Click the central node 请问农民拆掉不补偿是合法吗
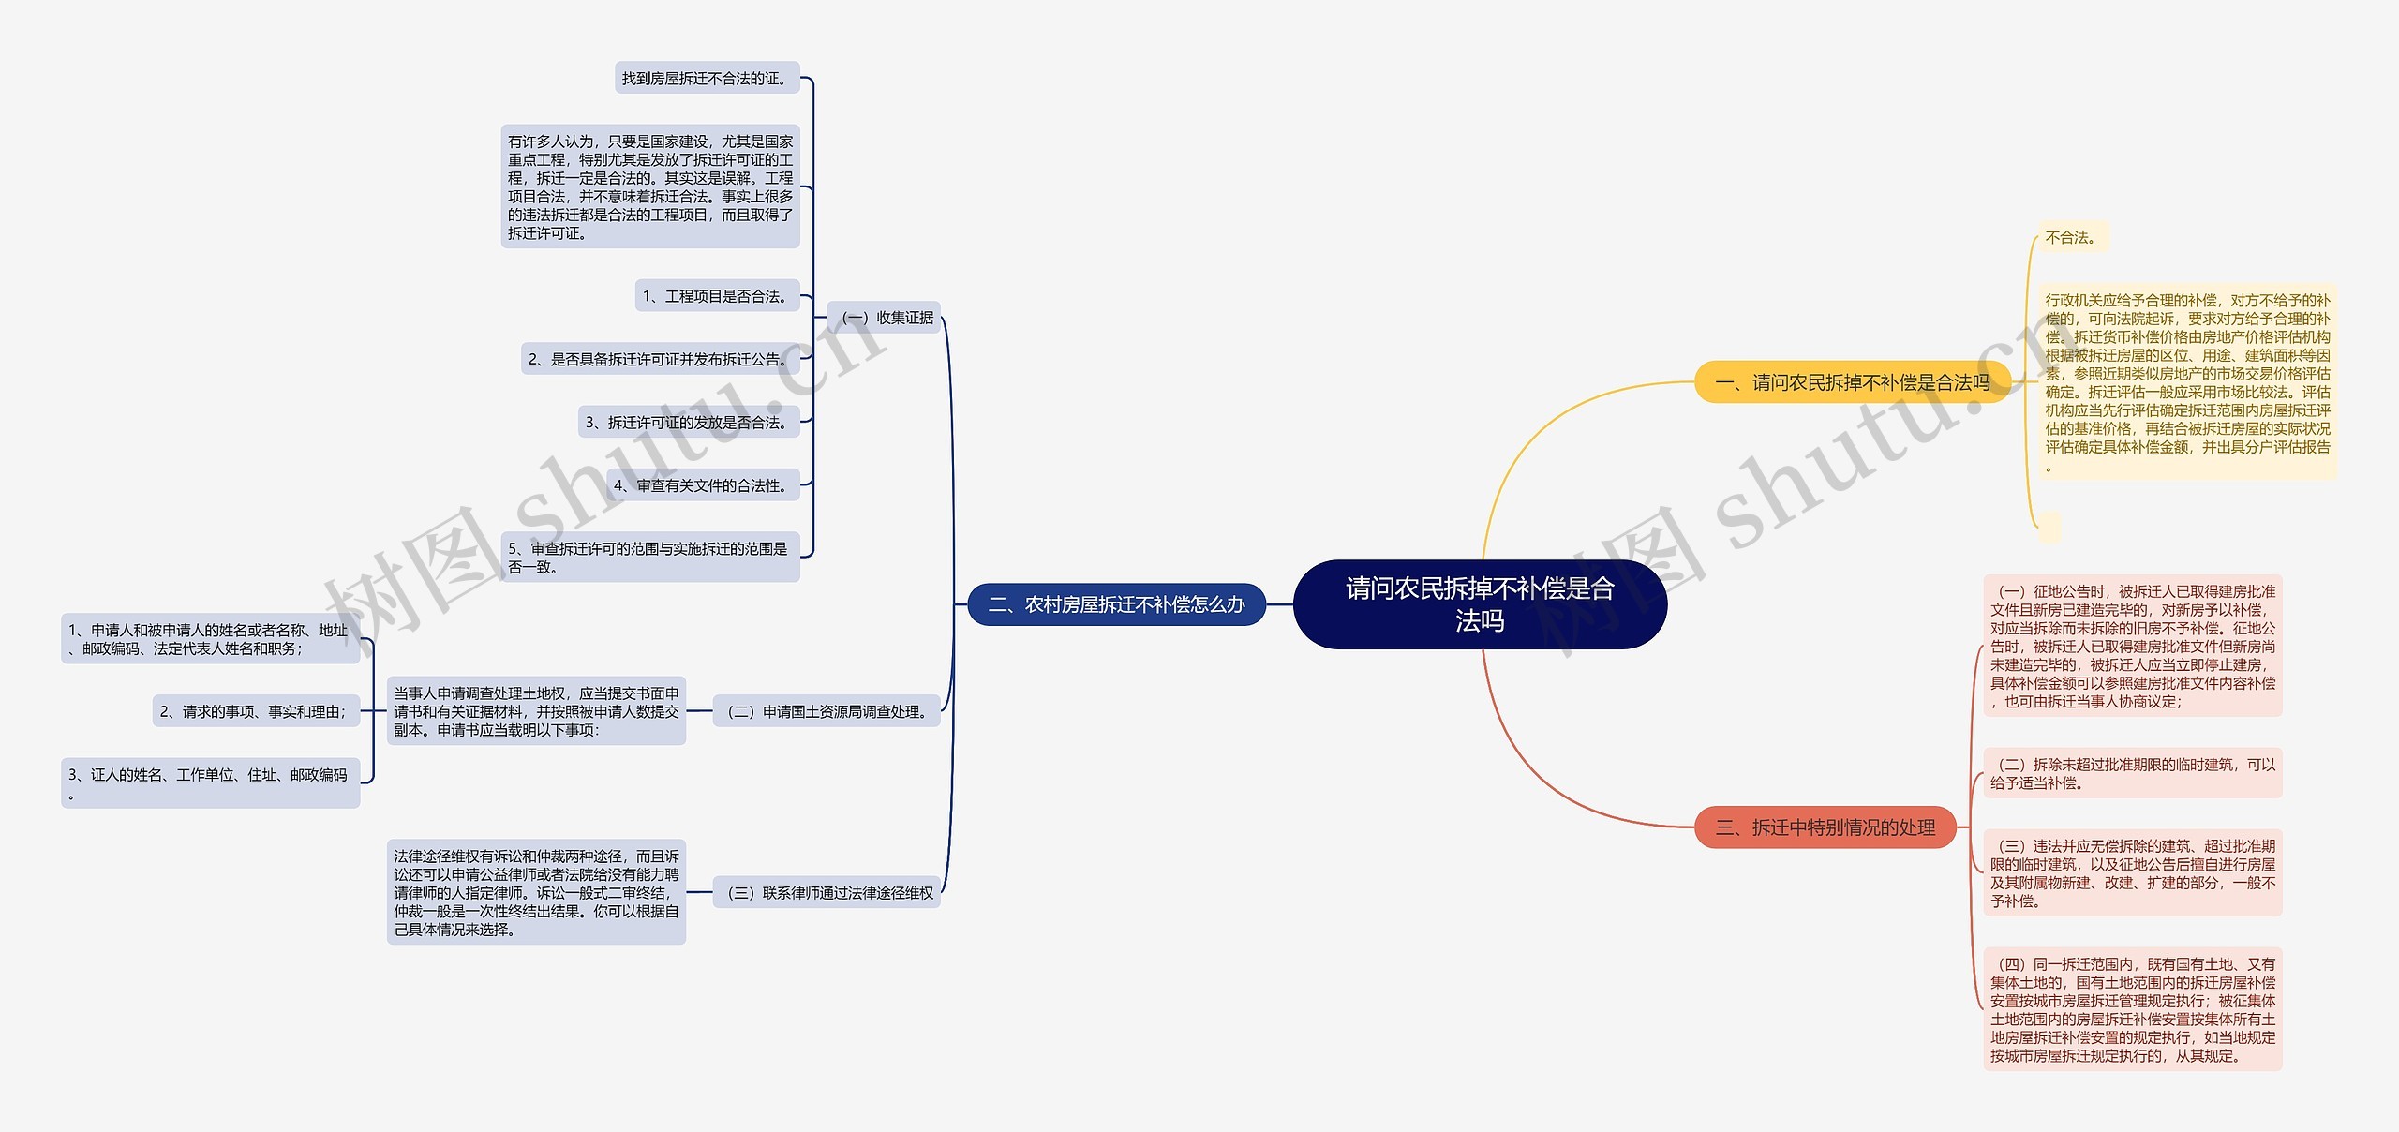(1480, 604)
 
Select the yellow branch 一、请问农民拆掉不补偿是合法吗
(1852, 382)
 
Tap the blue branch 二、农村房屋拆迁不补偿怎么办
(1116, 605)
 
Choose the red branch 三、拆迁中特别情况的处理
(1825, 827)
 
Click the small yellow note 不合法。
(2072, 238)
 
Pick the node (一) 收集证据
(885, 318)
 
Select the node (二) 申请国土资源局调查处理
(827, 712)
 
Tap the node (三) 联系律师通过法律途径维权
(827, 893)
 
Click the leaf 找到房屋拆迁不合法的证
(707, 79)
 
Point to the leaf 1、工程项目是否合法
(717, 296)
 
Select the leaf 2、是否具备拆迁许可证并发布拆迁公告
(660, 359)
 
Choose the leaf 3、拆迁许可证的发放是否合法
(688, 423)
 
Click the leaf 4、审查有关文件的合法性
(702, 485)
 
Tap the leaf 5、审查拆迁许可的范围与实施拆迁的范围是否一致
(650, 558)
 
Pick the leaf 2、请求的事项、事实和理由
(255, 712)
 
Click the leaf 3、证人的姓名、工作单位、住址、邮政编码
(210, 783)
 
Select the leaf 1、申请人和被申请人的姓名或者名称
(210, 639)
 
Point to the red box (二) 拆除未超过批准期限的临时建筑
(2132, 774)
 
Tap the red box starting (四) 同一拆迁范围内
(2132, 1009)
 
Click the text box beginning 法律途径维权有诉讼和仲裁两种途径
(536, 892)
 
